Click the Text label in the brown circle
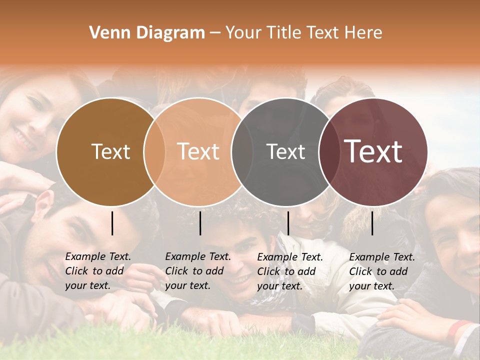pyautogui.click(x=110, y=151)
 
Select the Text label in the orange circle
pyautogui.click(x=198, y=151)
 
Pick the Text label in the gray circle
pyautogui.click(x=285, y=151)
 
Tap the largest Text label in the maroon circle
pyautogui.click(x=373, y=151)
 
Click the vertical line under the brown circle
pyautogui.click(x=112, y=223)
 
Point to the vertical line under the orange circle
pyautogui.click(x=200, y=223)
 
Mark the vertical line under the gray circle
pyautogui.click(x=288, y=223)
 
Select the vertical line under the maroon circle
pyautogui.click(x=372, y=223)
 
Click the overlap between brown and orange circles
pyautogui.click(x=154, y=152)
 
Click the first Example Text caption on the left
pyautogui.click(x=97, y=271)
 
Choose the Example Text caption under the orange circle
pyautogui.click(x=197, y=271)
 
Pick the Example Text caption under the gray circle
pyautogui.click(x=289, y=271)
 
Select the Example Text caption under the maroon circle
pyautogui.click(x=381, y=271)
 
